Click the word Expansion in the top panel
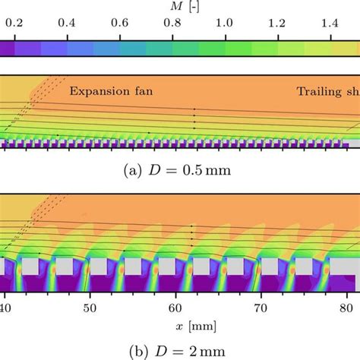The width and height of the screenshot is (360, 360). (x=103, y=92)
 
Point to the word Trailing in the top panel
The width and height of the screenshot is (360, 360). (x=319, y=92)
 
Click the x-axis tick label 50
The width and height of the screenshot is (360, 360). (x=91, y=308)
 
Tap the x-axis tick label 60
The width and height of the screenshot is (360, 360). (x=177, y=308)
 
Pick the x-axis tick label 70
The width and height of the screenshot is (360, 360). (x=263, y=308)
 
